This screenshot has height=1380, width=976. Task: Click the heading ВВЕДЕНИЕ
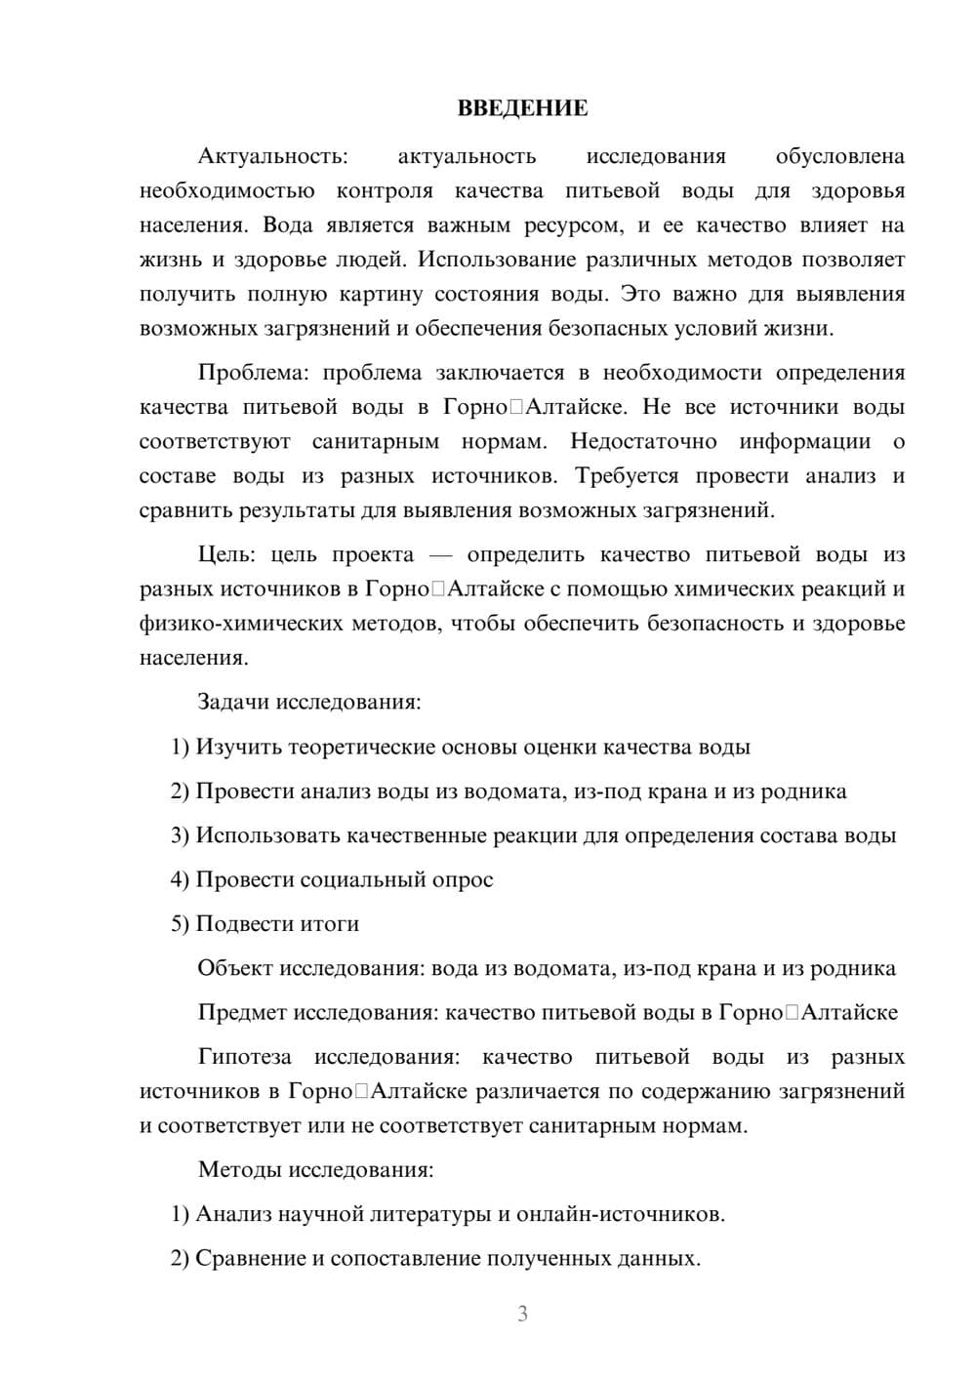[x=522, y=108]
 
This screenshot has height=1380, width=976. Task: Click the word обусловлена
[x=839, y=156]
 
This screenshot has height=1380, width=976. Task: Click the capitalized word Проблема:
[x=254, y=373]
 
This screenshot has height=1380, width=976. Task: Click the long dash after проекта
[x=441, y=555]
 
